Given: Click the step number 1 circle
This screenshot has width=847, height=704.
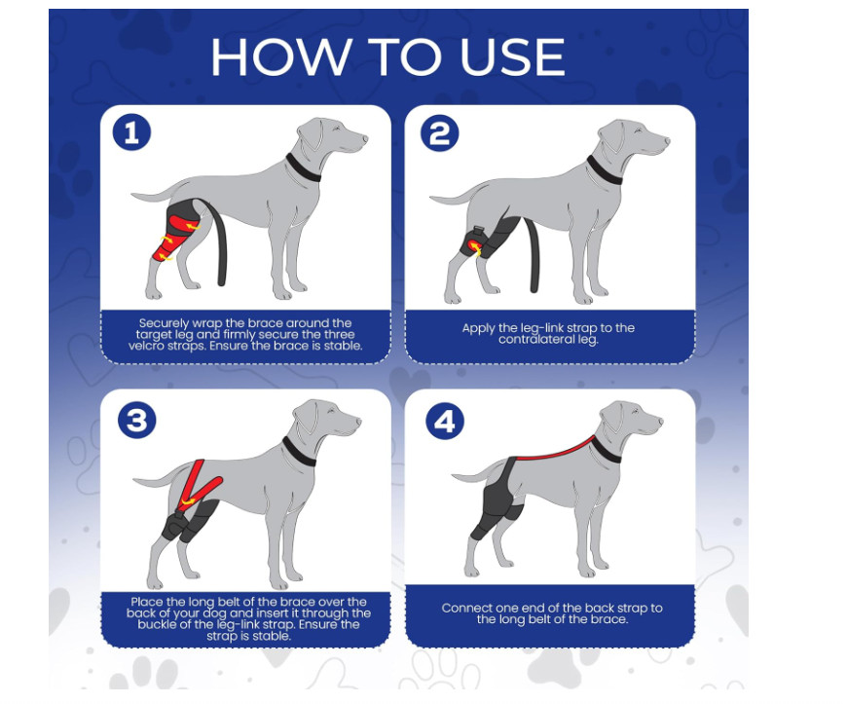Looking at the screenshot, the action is [x=131, y=132].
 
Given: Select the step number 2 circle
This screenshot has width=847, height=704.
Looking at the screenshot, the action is [x=440, y=133].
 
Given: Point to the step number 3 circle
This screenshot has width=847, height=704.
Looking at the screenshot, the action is [x=137, y=420].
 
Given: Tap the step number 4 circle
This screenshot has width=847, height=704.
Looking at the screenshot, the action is [x=445, y=421].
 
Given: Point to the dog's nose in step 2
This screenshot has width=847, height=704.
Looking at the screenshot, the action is [x=667, y=141].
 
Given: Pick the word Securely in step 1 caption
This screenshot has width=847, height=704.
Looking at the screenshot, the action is [x=165, y=323].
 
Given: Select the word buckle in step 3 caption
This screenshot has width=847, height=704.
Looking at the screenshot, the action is [x=158, y=624].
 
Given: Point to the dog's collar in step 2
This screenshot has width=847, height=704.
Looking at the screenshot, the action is [x=604, y=170].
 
